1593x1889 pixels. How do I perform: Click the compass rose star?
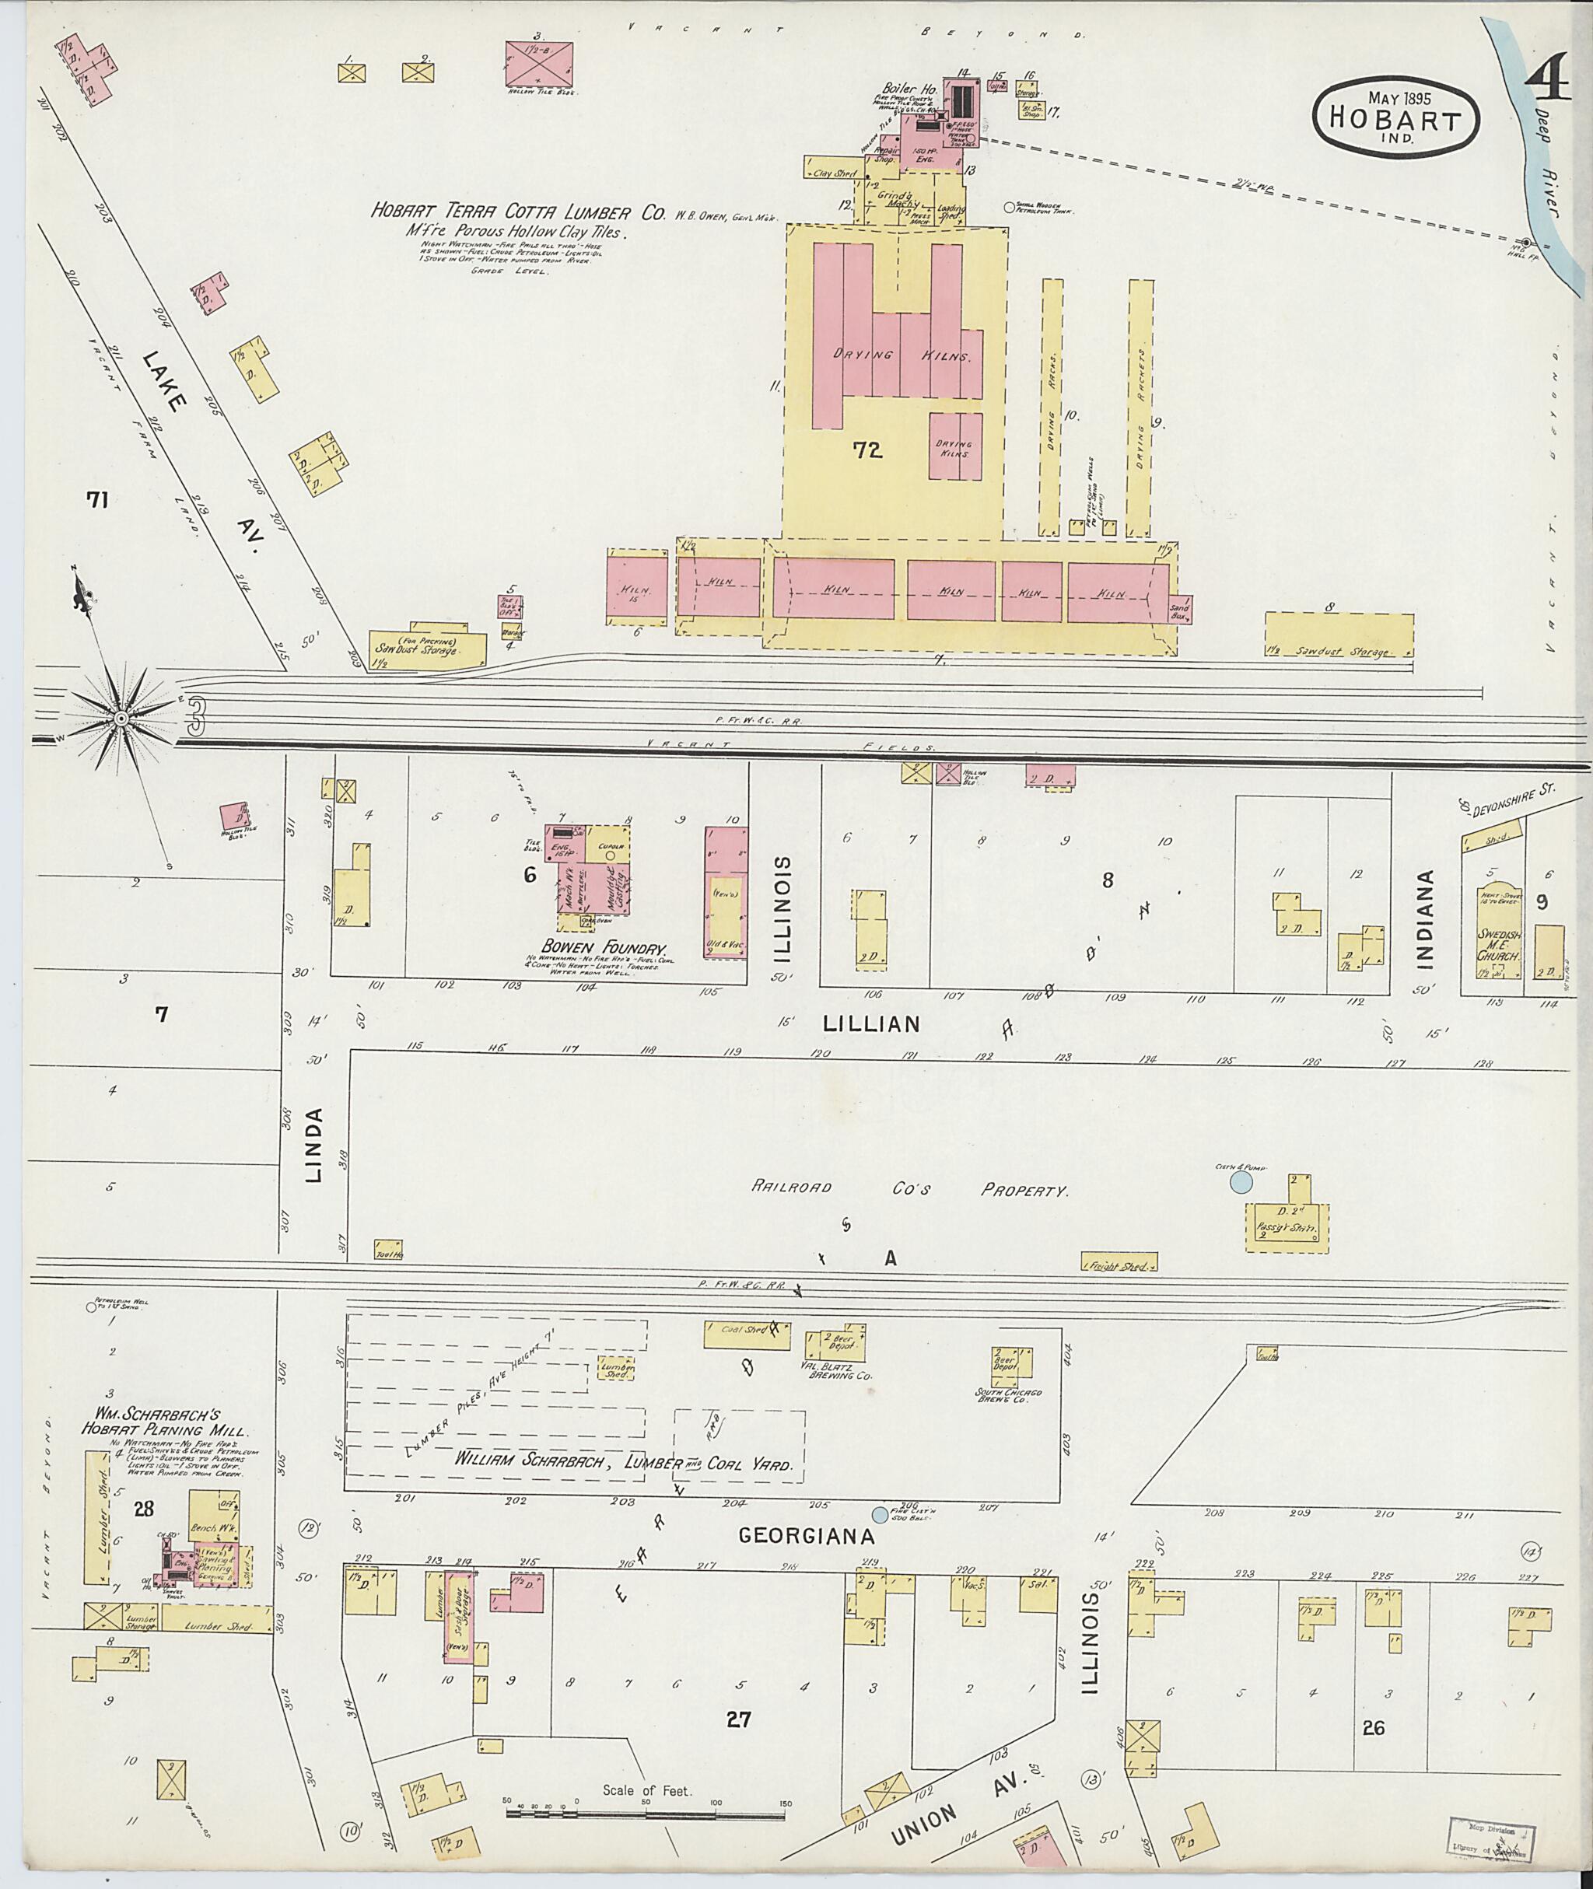pos(119,717)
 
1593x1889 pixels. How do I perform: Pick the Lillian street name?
pos(870,1024)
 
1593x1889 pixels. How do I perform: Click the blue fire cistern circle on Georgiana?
pos(879,1514)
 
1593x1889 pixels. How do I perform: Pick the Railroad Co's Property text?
pos(909,1190)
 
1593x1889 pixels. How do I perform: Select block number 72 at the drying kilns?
pos(867,450)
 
